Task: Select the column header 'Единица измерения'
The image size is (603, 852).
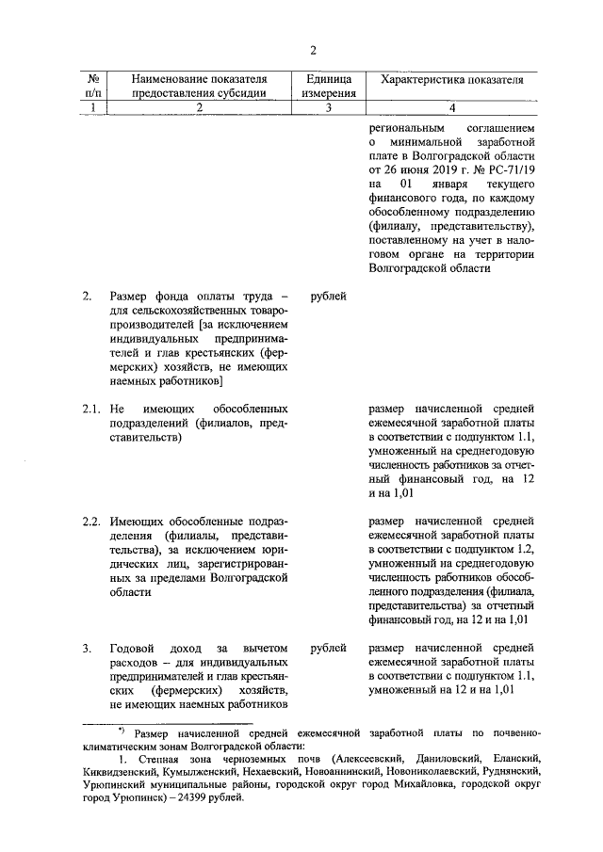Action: (x=329, y=86)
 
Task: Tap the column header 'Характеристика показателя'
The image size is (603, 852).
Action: (x=450, y=79)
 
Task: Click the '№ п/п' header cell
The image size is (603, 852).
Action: (x=93, y=86)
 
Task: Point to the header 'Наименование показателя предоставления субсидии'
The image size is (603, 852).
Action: (x=199, y=86)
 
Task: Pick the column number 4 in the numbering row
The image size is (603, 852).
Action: (x=450, y=107)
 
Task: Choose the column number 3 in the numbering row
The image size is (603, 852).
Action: (x=329, y=107)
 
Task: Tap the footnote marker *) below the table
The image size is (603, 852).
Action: (x=121, y=731)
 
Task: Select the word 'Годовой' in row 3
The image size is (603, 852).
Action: (x=131, y=648)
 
